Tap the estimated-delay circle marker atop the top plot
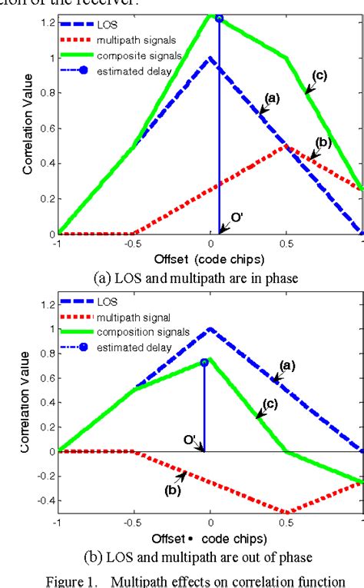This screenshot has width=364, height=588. (x=219, y=18)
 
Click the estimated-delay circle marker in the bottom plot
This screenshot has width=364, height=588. (x=204, y=362)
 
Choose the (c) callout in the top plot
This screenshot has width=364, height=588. (x=318, y=74)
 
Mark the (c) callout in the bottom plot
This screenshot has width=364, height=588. (x=270, y=404)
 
